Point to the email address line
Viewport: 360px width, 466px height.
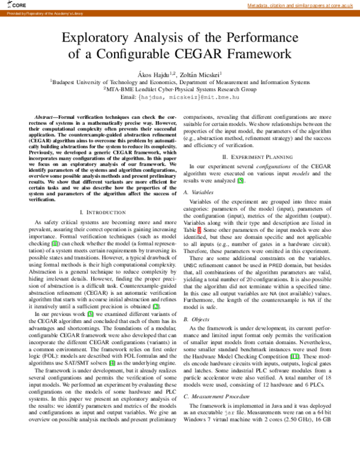click(180, 96)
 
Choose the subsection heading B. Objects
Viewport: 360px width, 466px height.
click(196, 318)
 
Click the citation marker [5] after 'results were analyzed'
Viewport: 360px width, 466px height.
click(241, 181)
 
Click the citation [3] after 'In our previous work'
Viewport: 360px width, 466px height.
click(91, 313)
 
